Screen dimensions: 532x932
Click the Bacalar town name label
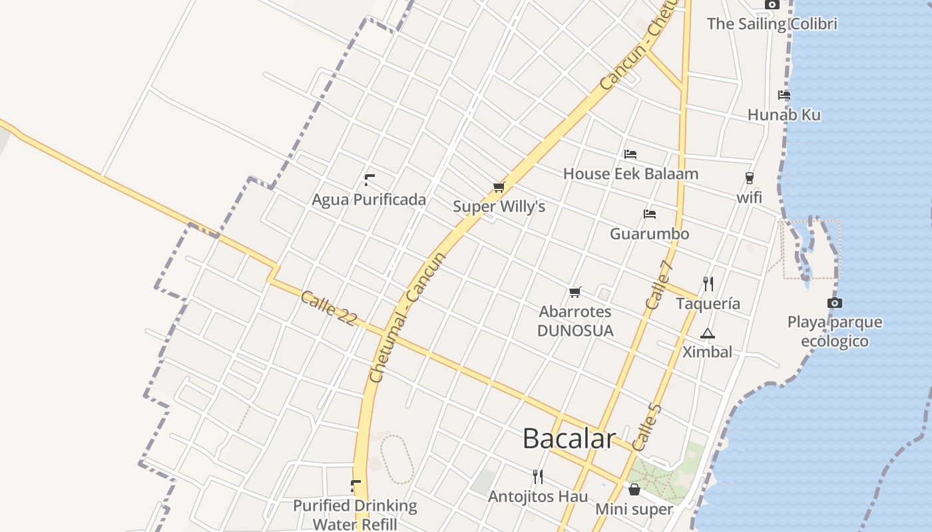click(569, 439)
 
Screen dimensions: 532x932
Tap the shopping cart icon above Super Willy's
click(499, 188)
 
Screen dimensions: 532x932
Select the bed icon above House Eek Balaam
click(630, 154)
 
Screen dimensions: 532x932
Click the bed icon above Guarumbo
click(650, 214)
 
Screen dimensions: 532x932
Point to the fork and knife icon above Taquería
click(708, 284)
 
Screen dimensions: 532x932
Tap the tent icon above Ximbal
click(707, 333)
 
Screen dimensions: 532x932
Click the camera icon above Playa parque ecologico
click(834, 303)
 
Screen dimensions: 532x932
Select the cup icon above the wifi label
click(750, 178)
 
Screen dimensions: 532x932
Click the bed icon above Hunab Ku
click(784, 95)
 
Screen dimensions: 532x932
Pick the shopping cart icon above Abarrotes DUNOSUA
click(575, 292)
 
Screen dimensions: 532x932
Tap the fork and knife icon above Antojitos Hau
click(538, 476)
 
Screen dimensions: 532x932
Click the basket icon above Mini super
click(634, 490)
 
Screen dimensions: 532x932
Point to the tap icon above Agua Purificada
click(369, 180)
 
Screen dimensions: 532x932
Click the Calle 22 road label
click(328, 309)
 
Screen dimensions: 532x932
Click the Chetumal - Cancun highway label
click(407, 317)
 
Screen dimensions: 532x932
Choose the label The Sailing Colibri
click(772, 24)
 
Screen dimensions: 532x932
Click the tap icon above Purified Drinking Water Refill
click(355, 486)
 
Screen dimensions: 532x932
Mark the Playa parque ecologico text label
click(835, 332)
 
